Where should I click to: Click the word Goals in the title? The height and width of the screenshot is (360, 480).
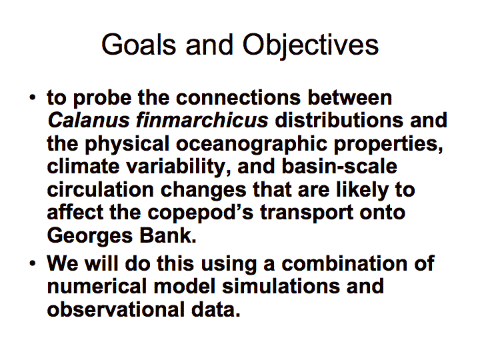139,45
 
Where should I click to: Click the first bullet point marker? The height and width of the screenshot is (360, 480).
33,97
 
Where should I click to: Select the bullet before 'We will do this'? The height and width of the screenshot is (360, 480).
33,263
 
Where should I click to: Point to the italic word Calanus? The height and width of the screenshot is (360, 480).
89,120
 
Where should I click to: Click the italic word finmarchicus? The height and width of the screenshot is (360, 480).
202,120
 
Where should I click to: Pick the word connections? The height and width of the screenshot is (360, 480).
238,97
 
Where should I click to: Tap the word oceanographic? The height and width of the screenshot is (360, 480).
251,145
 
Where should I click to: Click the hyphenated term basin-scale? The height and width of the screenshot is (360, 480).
339,167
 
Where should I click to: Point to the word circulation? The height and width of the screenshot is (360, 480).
100,189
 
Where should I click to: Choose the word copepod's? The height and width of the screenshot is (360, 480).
201,213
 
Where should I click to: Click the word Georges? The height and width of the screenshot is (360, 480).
90,237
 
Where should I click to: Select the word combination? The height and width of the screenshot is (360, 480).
345,263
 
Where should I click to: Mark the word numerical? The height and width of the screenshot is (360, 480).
97,286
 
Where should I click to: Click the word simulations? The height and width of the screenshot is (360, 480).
281,286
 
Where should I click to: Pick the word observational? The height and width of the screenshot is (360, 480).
116,309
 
